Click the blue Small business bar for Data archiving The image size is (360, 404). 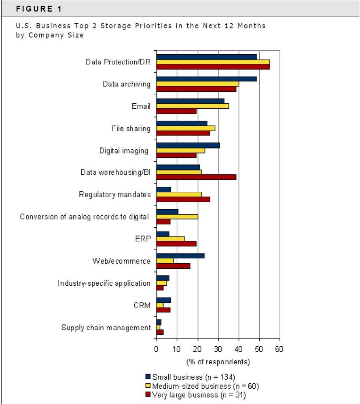(207, 79)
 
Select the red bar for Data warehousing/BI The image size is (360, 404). (196, 177)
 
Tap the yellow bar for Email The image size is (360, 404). (193, 106)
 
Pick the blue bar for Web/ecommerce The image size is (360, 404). (180, 256)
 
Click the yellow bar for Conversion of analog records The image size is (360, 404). (177, 217)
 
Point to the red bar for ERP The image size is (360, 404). (176, 243)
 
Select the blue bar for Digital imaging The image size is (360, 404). (188, 145)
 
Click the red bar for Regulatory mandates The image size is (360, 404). (183, 199)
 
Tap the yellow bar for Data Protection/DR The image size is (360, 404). (213, 62)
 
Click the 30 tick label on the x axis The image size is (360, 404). (218, 349)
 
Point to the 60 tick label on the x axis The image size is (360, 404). (279, 349)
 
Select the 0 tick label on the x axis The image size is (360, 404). (156, 349)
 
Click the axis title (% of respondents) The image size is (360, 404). (218, 361)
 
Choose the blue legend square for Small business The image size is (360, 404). (148, 376)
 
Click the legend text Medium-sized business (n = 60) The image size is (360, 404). (205, 386)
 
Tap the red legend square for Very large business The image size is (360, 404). (148, 394)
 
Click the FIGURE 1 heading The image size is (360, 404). (39, 9)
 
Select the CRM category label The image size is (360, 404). (142, 305)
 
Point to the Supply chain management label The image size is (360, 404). (106, 327)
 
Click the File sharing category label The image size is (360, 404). (131, 128)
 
